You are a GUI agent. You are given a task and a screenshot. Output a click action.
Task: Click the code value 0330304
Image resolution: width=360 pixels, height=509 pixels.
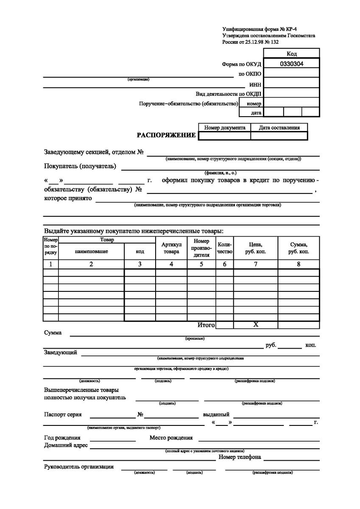tap(292, 64)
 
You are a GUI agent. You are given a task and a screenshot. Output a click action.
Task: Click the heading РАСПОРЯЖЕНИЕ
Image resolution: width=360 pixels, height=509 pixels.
tap(166, 136)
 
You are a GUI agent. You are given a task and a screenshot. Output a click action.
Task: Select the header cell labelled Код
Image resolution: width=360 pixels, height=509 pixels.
tap(292, 54)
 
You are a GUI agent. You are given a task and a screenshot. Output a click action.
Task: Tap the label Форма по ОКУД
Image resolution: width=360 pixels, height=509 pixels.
tap(241, 64)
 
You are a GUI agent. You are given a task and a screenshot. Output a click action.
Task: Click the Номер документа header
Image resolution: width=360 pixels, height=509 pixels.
tap(224, 127)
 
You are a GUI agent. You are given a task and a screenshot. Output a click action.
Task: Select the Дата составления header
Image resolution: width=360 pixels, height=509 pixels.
tap(279, 127)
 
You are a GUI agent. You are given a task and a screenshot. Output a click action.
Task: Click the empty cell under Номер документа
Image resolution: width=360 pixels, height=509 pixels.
tap(224, 136)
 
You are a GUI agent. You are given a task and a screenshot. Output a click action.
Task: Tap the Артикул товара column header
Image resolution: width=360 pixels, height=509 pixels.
tap(171, 248)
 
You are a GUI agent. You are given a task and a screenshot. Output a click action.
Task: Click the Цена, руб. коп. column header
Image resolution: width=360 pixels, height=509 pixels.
tap(256, 248)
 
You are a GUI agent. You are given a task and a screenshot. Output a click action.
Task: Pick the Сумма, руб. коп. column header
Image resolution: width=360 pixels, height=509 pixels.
tap(299, 248)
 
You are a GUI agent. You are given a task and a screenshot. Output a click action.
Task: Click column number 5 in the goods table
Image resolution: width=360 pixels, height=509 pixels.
tap(201, 264)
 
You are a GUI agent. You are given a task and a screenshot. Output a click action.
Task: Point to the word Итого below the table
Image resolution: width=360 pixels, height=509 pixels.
tap(206, 325)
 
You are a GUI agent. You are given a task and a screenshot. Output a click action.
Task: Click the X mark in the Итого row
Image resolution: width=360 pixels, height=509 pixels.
tap(256, 324)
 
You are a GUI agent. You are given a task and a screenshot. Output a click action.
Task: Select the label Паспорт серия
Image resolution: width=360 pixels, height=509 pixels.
tap(63, 414)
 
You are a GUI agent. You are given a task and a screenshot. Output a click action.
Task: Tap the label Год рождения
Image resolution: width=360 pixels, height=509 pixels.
tap(62, 438)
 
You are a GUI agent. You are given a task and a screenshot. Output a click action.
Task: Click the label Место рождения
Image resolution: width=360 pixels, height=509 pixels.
tap(171, 438)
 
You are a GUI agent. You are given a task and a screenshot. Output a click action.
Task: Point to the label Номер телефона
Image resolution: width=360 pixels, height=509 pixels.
tap(240, 457)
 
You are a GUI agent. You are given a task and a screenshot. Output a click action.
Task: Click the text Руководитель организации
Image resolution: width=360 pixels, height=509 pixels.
tap(79, 467)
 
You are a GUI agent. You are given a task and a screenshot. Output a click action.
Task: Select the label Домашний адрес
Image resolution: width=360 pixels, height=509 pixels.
tap(66, 445)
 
